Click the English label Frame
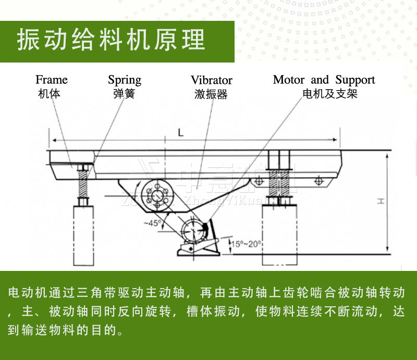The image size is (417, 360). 51,80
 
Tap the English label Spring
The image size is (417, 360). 125,80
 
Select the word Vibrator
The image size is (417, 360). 211,80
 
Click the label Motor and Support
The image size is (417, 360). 324,80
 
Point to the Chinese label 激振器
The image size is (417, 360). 211,94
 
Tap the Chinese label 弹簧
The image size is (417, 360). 124,94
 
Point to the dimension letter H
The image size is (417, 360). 381,201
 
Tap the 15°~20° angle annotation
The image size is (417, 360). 246,243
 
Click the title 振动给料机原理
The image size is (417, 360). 111,41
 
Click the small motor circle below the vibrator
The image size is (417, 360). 191,230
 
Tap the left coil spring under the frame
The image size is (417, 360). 82,185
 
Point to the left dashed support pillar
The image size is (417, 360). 82,232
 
